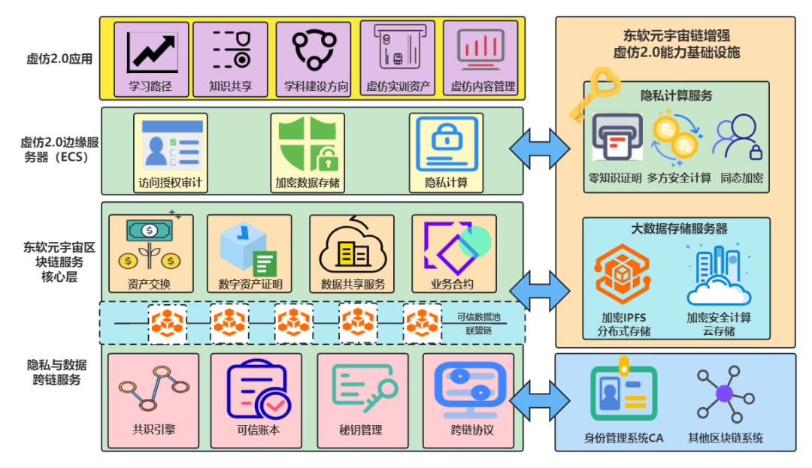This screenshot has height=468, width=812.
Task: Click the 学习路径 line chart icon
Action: [152, 52]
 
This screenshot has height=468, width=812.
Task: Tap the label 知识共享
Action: [230, 86]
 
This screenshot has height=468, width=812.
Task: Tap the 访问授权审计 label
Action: [170, 183]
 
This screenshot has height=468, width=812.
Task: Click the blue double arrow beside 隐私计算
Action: [540, 147]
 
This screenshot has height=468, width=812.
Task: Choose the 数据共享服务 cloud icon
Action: [352, 249]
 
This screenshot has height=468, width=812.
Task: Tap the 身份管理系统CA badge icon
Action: [623, 393]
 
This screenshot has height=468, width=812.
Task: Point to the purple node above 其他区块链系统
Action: [724, 393]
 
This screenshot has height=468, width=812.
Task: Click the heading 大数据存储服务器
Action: [679, 228]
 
